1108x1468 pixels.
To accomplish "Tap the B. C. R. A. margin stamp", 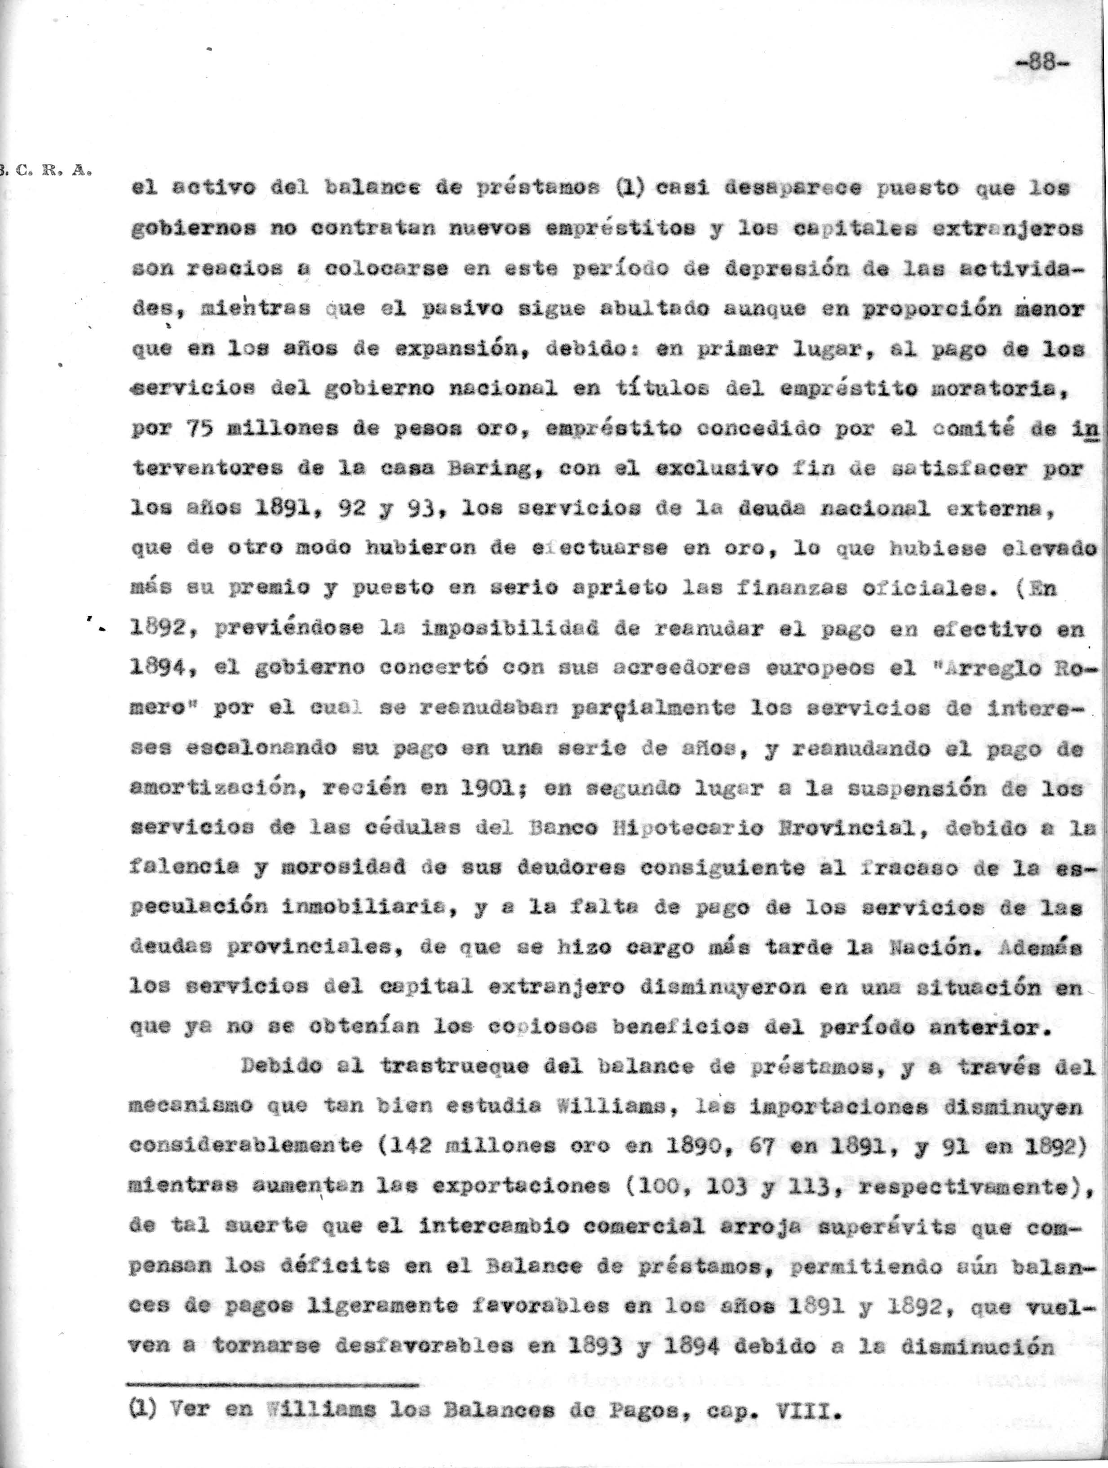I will [46, 170].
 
